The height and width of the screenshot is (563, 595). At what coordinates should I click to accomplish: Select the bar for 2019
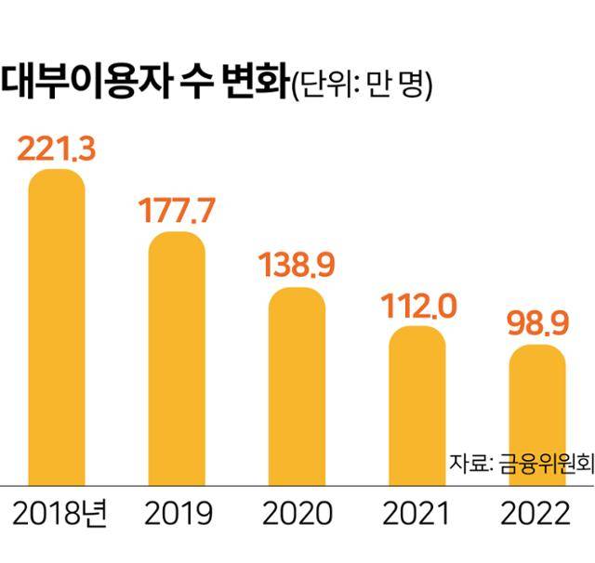pos(177,358)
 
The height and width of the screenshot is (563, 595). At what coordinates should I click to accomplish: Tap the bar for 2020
pos(297,386)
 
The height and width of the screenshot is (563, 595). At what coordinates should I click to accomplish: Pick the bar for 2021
pos(417,405)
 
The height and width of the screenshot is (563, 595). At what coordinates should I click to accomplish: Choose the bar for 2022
pos(536,414)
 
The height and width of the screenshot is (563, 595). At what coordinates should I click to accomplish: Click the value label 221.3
pos(58,149)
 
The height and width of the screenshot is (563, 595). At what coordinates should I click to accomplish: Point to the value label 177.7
pos(177,211)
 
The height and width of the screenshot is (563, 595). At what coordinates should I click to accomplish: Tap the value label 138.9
pos(297,268)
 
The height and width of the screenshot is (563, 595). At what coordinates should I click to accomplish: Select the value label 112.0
pos(417,305)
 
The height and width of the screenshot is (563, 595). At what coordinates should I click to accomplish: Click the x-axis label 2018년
pos(61,514)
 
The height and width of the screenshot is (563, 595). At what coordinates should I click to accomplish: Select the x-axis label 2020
pos(297,514)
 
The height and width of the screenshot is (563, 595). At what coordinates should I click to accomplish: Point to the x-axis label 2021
pos(417,514)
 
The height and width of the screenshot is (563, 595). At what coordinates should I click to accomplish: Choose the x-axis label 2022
pos(536,514)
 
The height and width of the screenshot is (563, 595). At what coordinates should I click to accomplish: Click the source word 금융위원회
pos(545,462)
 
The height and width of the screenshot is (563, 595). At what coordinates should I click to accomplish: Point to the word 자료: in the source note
pos(471,462)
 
